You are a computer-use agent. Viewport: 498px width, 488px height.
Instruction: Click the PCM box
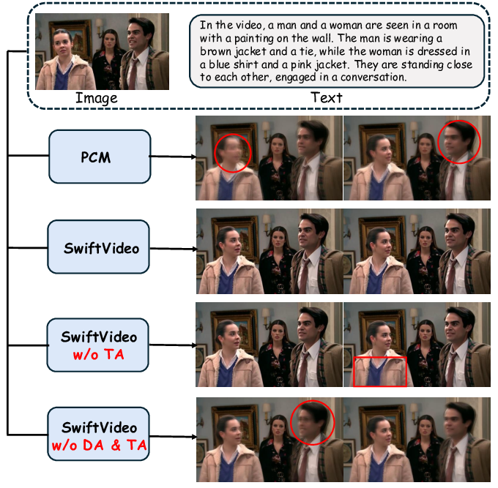click(100, 157)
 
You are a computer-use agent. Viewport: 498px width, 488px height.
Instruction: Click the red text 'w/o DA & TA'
click(100, 443)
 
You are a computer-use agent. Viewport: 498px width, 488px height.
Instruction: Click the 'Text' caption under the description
click(326, 97)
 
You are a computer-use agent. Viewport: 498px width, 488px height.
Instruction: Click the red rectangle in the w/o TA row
click(379, 370)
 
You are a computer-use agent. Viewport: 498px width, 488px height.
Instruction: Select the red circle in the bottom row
click(312, 424)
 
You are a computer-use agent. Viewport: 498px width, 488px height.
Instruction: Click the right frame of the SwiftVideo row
click(417, 252)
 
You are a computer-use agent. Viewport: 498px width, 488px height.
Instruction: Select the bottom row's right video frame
click(417, 440)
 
